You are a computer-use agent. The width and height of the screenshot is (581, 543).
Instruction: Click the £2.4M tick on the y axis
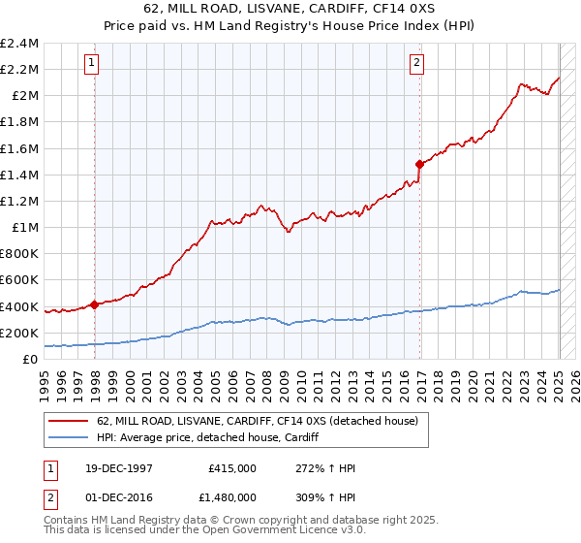click(20, 44)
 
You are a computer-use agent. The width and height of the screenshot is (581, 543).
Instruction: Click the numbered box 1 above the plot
click(91, 64)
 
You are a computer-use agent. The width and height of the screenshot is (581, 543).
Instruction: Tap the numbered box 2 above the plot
click(416, 64)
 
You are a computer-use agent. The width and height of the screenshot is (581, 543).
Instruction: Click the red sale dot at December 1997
click(95, 304)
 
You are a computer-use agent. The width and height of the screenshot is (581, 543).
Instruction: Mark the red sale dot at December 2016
click(419, 164)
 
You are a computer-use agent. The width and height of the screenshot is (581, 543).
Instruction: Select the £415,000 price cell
click(232, 468)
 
